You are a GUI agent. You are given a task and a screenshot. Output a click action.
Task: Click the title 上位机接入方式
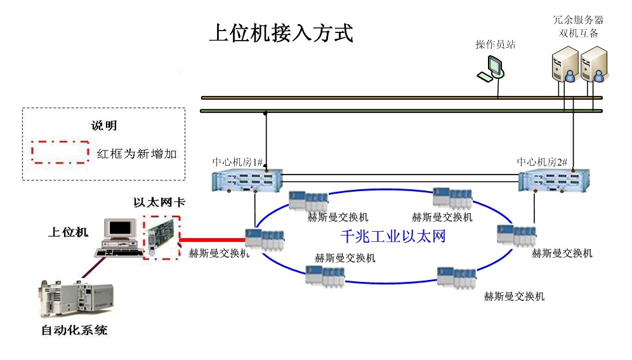tap(280, 34)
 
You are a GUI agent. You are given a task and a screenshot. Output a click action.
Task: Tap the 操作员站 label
tap(495, 45)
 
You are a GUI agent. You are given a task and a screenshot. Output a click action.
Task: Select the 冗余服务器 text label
tap(578, 20)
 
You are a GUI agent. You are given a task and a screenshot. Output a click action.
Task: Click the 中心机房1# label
tap(237, 162)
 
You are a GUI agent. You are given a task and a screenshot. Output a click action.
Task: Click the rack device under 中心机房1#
tap(246, 182)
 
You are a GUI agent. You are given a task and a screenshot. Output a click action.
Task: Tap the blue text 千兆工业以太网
tap(393, 237)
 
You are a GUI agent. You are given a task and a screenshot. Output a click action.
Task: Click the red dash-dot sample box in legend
tap(60, 153)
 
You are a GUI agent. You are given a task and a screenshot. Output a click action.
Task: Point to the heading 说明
tap(103, 126)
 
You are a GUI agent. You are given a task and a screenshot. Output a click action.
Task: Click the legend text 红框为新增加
tap(135, 154)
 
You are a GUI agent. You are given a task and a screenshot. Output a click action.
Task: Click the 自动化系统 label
tap(74, 330)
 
